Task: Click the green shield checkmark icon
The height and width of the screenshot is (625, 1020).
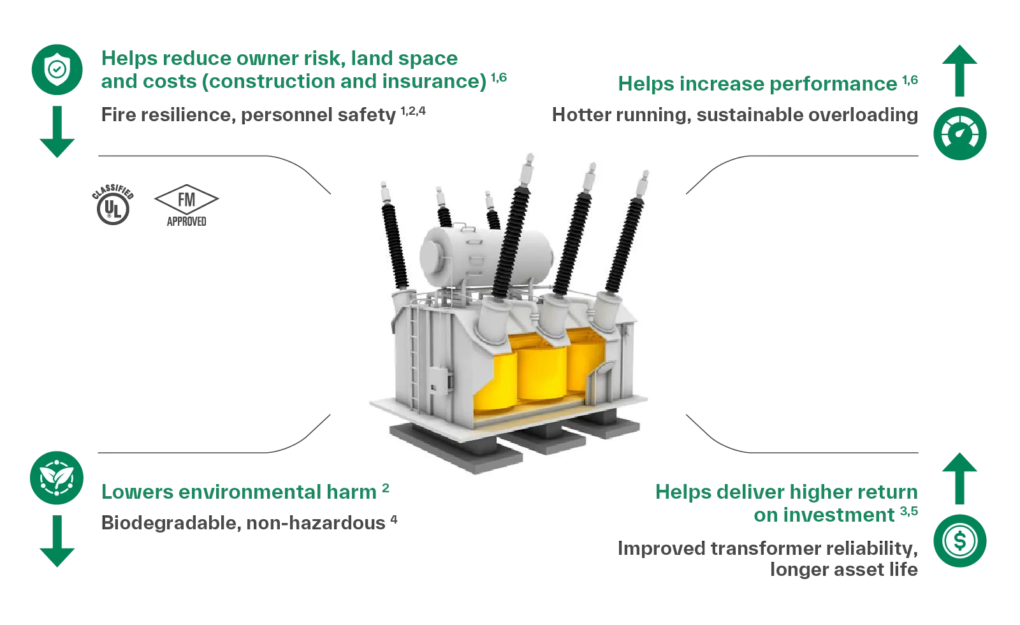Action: point(59,68)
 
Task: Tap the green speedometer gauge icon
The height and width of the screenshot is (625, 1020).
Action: point(960,134)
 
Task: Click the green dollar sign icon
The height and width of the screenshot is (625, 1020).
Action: point(960,541)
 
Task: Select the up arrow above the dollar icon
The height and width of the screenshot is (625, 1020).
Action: point(960,477)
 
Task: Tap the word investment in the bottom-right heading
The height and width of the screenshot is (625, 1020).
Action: point(825,515)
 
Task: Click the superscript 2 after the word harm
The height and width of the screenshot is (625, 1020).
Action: point(385,489)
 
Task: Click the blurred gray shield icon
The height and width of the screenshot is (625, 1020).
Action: point(115,205)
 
